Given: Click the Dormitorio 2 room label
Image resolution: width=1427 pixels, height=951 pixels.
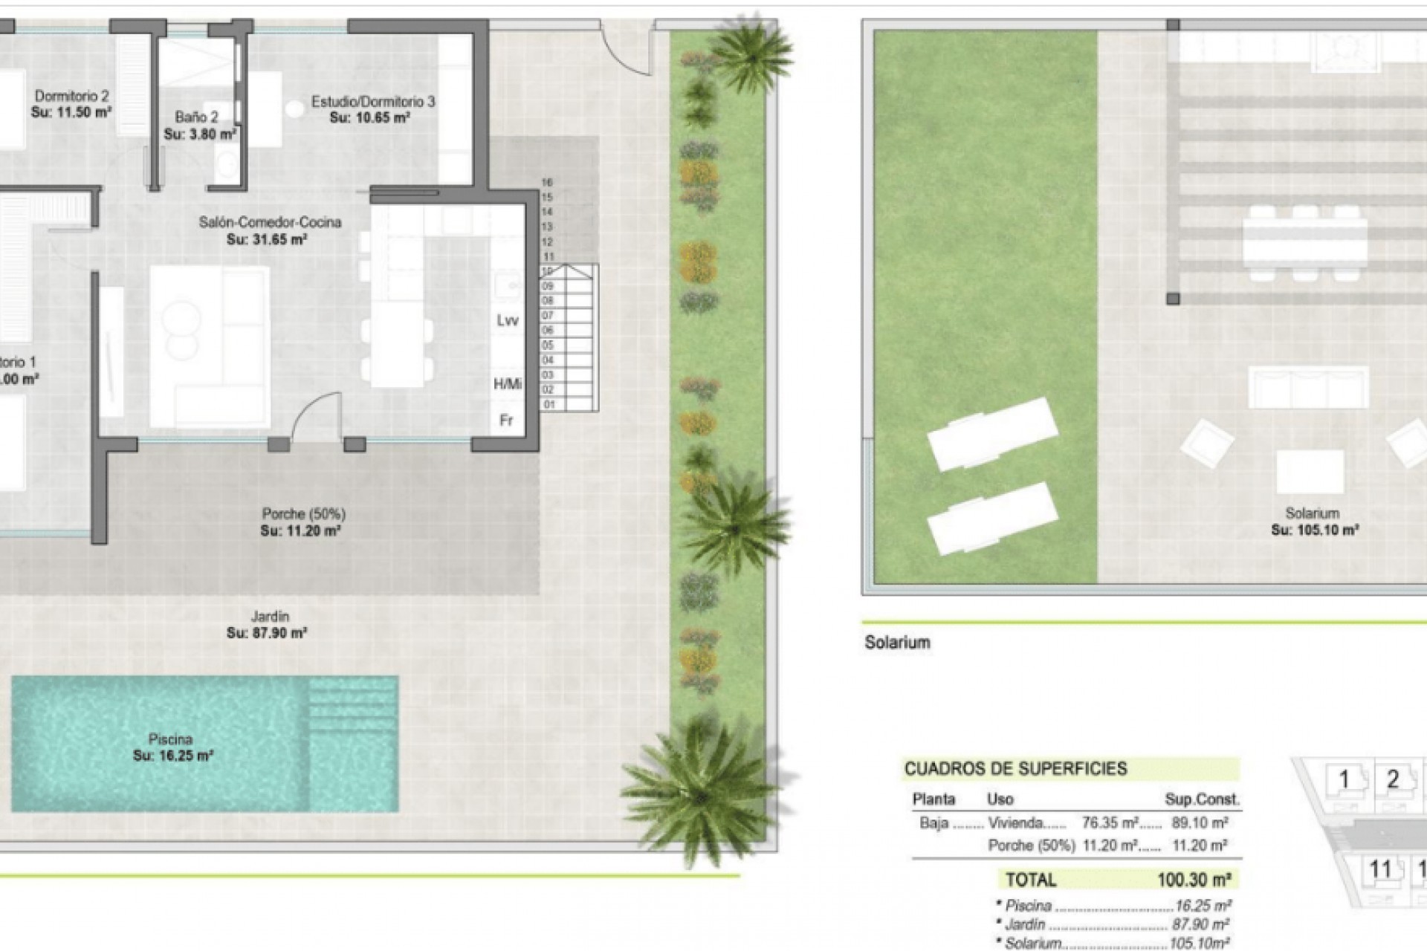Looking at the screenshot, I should [72, 96].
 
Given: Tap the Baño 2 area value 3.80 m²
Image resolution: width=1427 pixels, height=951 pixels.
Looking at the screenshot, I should [200, 134].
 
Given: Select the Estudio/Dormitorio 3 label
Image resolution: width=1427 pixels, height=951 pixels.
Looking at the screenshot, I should [372, 102].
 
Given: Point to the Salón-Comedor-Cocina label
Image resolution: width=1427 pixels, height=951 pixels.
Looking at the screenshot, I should [270, 222].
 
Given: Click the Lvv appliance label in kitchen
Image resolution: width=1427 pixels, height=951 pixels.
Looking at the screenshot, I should [507, 320].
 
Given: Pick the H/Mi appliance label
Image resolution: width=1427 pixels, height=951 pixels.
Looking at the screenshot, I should [507, 384].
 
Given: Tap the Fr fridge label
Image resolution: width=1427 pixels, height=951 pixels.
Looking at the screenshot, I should [506, 421].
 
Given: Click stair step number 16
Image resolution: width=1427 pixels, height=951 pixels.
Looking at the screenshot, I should [548, 182].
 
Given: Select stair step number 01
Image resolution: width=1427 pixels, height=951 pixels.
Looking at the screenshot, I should [549, 405].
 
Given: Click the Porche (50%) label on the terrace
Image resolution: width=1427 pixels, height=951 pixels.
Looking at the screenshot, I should [303, 513].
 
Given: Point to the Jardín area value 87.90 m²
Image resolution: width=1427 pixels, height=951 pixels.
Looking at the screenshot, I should [267, 633].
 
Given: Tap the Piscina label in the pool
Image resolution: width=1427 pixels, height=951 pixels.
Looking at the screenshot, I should [170, 739].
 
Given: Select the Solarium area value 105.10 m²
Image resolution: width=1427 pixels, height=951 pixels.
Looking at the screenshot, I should [1315, 530].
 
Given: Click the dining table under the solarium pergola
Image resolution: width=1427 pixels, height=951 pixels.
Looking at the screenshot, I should [1304, 241].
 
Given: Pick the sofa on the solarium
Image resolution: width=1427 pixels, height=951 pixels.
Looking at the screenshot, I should [1307, 386].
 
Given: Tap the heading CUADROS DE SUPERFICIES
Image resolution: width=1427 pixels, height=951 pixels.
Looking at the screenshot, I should [1015, 769].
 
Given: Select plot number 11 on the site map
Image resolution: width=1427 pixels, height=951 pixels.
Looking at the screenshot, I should [1379, 869].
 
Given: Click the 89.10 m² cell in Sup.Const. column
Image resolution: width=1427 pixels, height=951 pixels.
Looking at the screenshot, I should [1198, 822].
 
